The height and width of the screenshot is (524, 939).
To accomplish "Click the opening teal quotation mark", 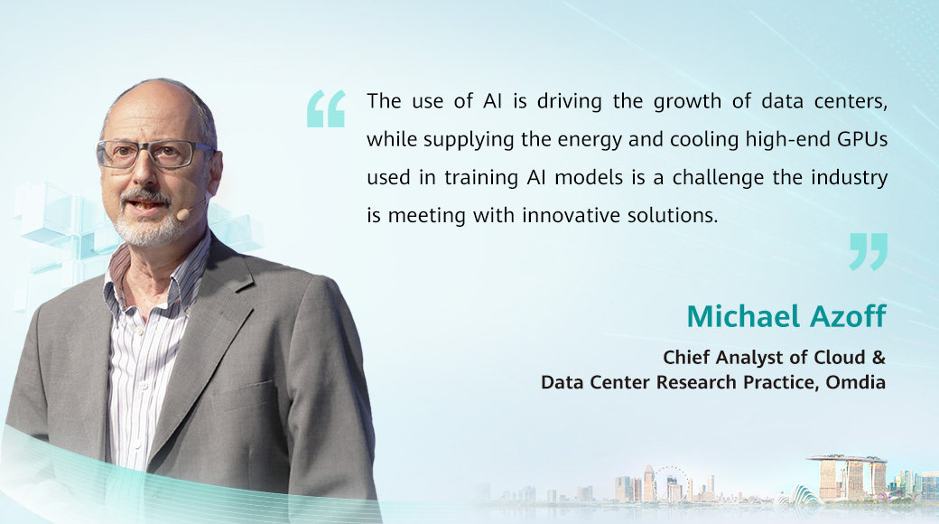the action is (x=326, y=108).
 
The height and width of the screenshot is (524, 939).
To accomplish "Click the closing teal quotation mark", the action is (x=869, y=252).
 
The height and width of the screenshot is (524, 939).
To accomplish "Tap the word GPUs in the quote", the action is (x=862, y=139).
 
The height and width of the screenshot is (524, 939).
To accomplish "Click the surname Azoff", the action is (x=848, y=316).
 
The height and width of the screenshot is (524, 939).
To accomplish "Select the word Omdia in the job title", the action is (x=855, y=382).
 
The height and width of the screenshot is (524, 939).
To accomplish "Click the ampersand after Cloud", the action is (x=879, y=358).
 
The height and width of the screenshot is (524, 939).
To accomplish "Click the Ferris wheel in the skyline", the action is (x=670, y=482).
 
